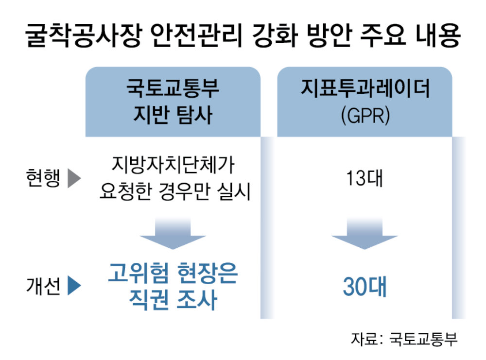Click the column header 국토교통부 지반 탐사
click(173, 103)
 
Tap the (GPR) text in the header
click(365, 116)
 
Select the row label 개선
click(43, 286)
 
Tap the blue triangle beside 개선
click(73, 286)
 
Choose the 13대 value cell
click(365, 179)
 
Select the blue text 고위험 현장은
click(173, 274)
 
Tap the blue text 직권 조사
click(173, 301)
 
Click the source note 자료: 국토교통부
click(404, 339)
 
